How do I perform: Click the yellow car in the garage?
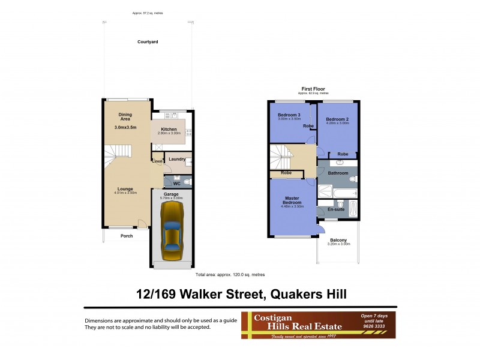point(172,230)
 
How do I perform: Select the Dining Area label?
point(125,116)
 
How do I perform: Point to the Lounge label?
point(125,189)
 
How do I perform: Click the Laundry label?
point(176,159)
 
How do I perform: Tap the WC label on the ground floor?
point(176,184)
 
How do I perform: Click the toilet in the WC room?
point(187,181)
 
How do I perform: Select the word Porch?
point(127,236)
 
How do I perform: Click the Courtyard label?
point(147,42)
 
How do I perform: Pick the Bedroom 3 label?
point(288,115)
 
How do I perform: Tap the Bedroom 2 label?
point(337,119)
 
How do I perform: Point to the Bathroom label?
point(338,173)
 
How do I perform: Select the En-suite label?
point(335,210)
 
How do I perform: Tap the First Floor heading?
point(313,89)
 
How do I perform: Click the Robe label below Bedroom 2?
point(342,154)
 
